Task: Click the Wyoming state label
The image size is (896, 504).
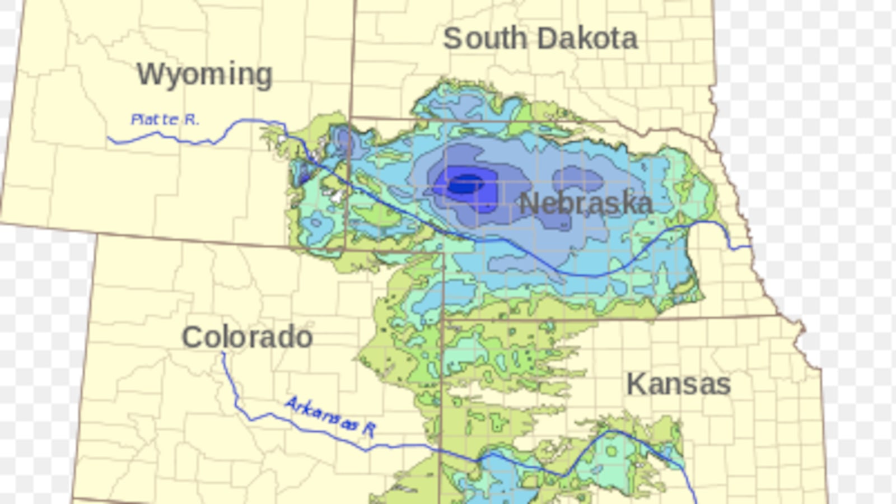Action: [x=204, y=75]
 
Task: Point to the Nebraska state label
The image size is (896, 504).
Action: [x=586, y=203]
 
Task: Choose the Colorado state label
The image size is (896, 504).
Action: [x=247, y=337]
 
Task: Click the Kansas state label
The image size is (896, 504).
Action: [x=678, y=384]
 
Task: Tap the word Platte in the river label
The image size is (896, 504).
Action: [x=155, y=119]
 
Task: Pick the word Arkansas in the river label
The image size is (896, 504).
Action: [x=321, y=414]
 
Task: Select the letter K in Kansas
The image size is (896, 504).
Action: [x=634, y=384]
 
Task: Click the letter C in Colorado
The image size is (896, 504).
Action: [x=193, y=337]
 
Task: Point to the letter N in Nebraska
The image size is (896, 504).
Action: [x=529, y=203]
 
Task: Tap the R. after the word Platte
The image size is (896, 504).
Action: [x=192, y=119]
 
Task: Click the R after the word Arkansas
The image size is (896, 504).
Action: [x=368, y=429]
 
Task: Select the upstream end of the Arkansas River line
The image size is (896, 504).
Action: [x=223, y=353]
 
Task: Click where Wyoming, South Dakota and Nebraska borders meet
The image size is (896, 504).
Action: [x=351, y=118]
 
